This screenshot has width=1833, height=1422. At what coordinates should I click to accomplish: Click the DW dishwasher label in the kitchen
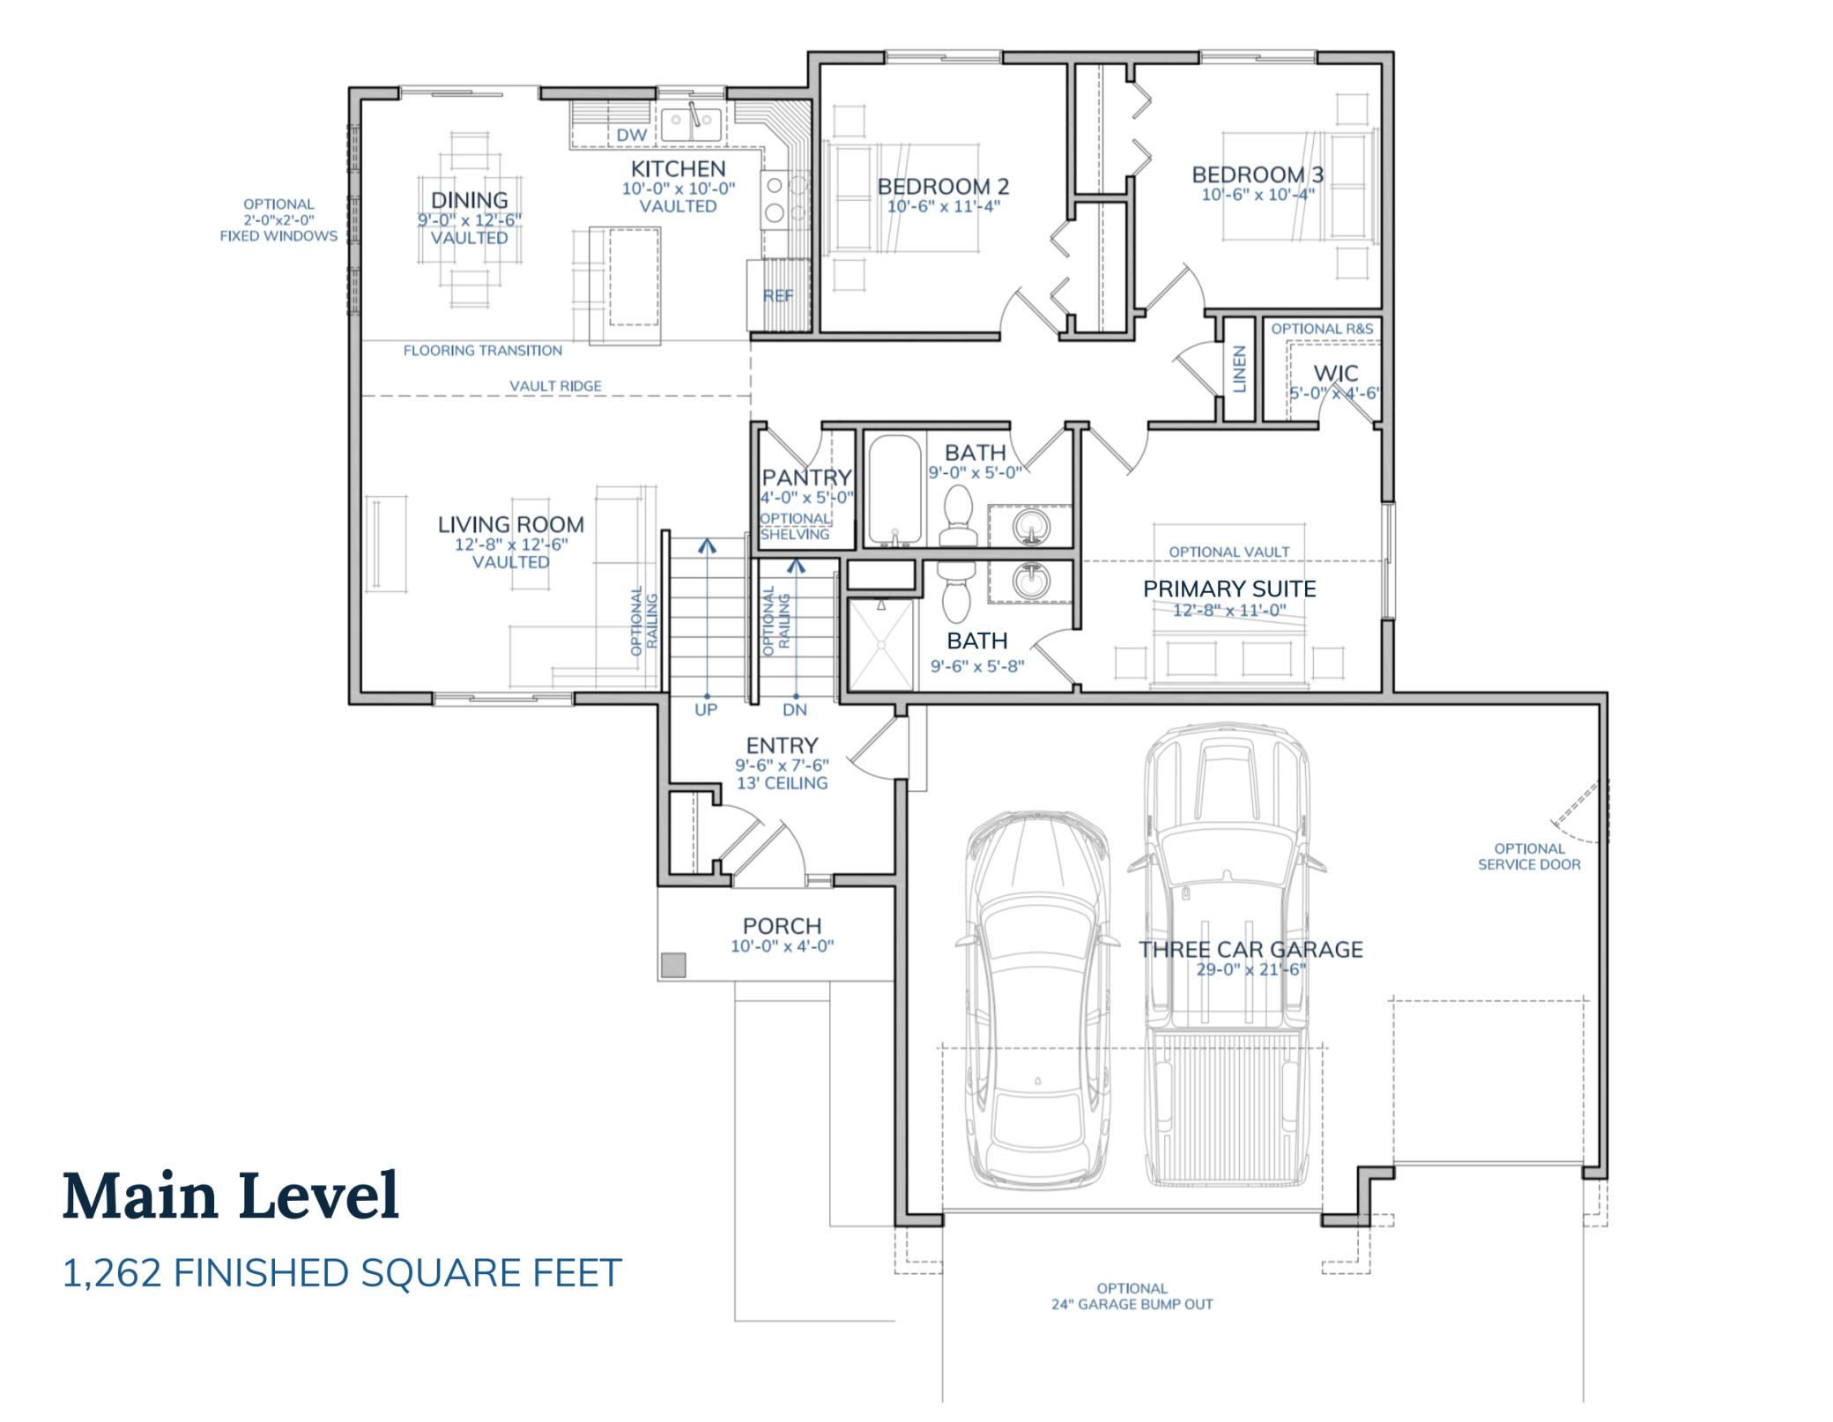[x=631, y=135]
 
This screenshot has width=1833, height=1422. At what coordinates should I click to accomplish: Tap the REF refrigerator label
[x=777, y=296]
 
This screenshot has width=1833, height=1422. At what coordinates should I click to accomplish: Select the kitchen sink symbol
[x=692, y=122]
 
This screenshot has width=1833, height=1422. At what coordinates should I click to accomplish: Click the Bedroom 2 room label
[x=943, y=187]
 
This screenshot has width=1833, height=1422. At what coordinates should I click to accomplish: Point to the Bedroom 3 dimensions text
[x=1258, y=195]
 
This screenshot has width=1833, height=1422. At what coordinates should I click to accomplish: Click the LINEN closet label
[x=1239, y=368]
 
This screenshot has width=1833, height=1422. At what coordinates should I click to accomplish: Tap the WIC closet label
[x=1335, y=374]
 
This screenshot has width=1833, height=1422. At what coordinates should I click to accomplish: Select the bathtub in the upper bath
[x=894, y=490]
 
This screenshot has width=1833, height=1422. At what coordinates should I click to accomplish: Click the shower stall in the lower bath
[x=879, y=645]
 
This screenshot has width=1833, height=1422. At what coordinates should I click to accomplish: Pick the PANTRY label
[x=806, y=478]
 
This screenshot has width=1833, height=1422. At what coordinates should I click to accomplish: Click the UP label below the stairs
[x=706, y=710]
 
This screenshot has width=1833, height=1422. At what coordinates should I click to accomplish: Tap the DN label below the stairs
[x=795, y=710]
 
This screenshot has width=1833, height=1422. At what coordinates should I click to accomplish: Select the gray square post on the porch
[x=673, y=965]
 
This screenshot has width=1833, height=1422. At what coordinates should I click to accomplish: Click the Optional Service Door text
[x=1529, y=856]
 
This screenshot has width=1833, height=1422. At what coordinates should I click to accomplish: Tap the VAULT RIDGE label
[x=555, y=386]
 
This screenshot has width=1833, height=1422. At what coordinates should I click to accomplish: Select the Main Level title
[x=231, y=1196]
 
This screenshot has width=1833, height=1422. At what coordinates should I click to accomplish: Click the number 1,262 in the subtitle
[x=112, y=1273]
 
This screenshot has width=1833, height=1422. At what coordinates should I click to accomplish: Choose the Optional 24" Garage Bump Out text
[x=1132, y=1296]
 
